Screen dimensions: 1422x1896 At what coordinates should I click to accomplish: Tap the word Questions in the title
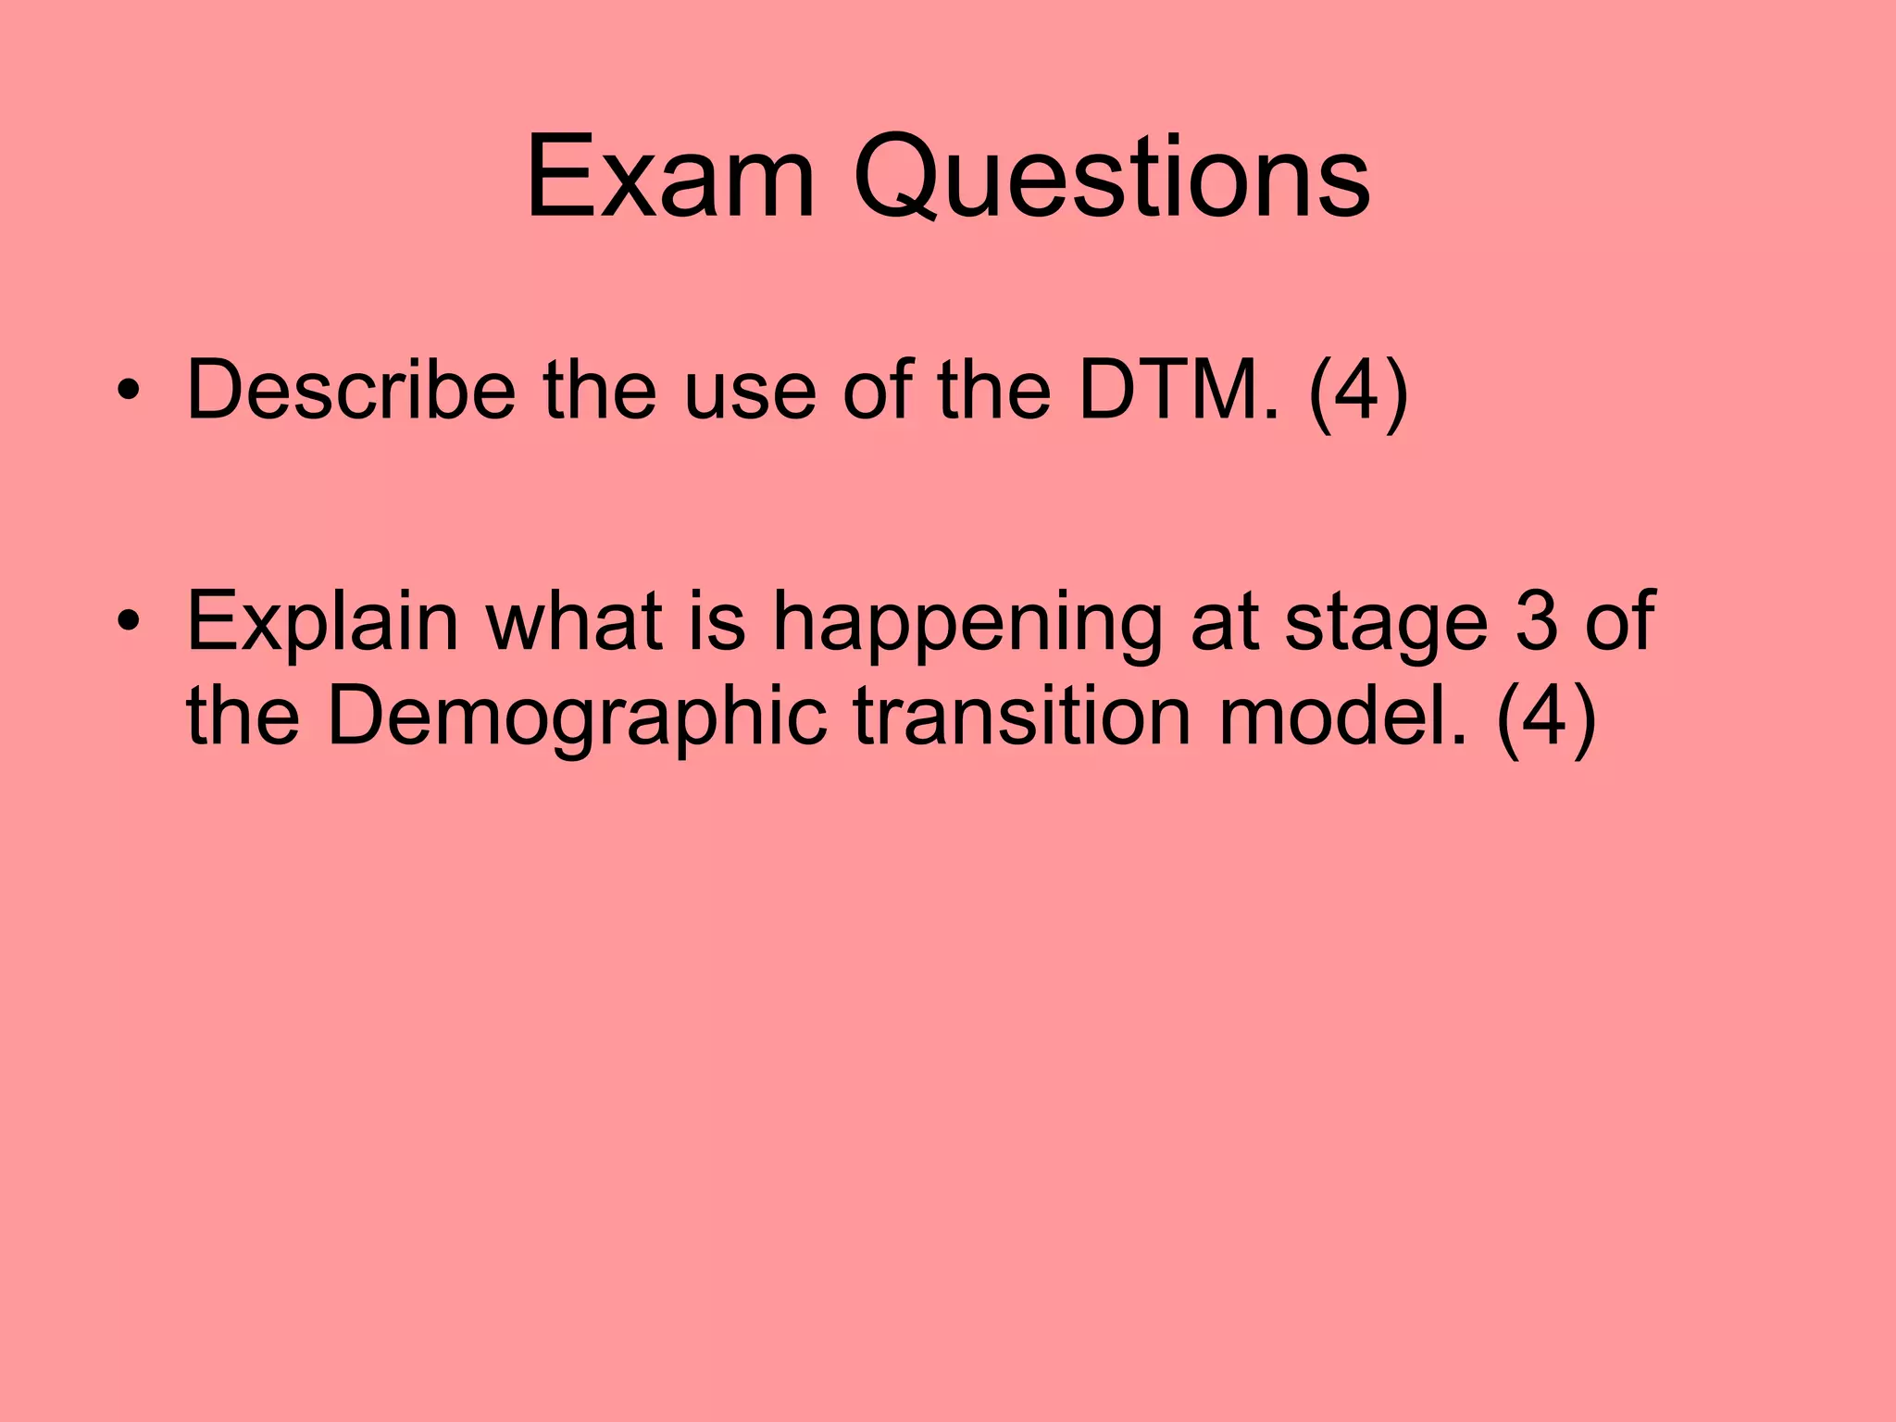(x=1111, y=178)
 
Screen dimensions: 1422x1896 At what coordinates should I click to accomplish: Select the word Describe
(x=351, y=390)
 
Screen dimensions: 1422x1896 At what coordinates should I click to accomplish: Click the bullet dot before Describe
(x=129, y=391)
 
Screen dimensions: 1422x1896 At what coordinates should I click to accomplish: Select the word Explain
(x=323, y=622)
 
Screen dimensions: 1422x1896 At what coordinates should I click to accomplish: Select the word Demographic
(x=576, y=717)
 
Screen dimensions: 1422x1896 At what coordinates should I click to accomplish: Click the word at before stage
(x=1224, y=622)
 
